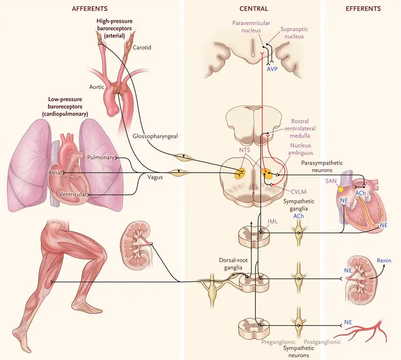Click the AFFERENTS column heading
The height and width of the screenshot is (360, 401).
89,9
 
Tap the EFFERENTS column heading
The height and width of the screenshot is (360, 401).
363,9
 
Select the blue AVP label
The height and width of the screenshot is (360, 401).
272,69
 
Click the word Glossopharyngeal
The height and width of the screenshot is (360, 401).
155,136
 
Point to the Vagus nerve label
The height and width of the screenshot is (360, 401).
155,177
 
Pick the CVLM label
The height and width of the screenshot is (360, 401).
299,192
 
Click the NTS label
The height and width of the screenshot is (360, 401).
245,150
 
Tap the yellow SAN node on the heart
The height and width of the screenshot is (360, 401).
340,189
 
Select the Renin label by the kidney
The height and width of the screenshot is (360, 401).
384,261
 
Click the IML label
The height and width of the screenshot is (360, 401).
272,222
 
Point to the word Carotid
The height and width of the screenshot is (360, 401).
142,47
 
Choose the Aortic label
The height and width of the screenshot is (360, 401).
97,87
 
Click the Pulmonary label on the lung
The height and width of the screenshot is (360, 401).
101,157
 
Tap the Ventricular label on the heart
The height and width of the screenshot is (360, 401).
73,194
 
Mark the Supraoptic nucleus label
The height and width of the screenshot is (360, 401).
294,33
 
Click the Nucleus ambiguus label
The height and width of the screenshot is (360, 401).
301,149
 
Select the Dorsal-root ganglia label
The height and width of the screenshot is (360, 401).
233,264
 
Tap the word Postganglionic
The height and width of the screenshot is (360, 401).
322,342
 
